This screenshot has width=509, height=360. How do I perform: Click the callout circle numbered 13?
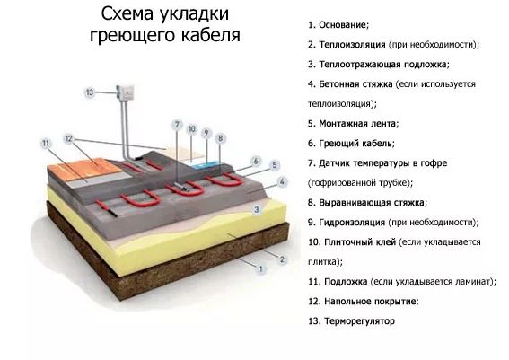click(90, 92)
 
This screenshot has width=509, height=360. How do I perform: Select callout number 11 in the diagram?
click(46, 143)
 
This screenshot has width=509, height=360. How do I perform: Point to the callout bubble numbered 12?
click(68, 138)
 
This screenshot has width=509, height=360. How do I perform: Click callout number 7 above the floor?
click(177, 125)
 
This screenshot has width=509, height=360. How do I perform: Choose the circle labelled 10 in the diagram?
click(192, 129)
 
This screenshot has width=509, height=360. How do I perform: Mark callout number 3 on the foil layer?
click(257, 209)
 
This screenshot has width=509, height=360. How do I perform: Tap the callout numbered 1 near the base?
click(260, 269)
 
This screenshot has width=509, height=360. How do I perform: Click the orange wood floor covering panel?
click(85, 169)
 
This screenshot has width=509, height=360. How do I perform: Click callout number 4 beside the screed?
click(282, 181)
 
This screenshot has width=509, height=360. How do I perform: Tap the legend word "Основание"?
click(344, 25)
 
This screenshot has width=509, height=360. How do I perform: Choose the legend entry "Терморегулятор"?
click(360, 321)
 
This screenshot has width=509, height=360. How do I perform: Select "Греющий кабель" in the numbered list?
click(356, 143)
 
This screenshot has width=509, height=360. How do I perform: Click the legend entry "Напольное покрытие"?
click(372, 302)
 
